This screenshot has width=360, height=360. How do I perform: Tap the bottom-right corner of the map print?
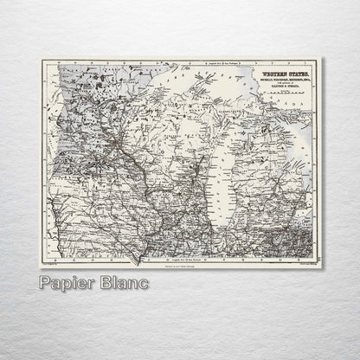click(323, 267)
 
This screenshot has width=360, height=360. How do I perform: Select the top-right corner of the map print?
click(323, 58)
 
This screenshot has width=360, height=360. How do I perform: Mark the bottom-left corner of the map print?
click(39, 267)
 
